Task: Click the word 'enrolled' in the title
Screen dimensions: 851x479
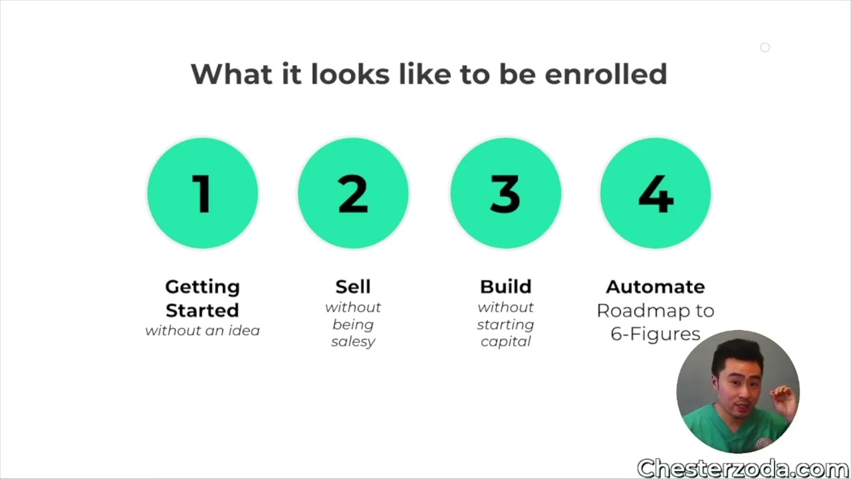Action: coord(606,74)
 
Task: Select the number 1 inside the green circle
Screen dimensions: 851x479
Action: coord(202,194)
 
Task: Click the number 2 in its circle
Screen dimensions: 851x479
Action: coord(353,194)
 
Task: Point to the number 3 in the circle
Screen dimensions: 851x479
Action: coord(505,194)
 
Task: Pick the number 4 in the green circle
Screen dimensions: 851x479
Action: coord(656,194)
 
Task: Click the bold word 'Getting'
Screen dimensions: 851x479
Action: coord(203,287)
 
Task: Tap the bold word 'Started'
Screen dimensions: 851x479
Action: coord(203,310)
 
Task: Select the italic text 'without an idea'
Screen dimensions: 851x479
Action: coord(203,331)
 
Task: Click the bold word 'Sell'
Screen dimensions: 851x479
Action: coord(353,287)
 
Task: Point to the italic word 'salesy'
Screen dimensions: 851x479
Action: coord(353,341)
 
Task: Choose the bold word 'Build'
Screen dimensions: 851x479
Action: coord(506,287)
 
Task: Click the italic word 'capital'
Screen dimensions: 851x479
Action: coord(506,341)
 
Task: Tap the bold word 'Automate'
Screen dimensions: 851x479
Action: coord(656,287)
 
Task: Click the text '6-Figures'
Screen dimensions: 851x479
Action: coord(656,334)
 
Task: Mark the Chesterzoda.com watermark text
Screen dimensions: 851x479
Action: coord(743,468)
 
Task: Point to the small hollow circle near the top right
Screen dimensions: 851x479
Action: coord(765,47)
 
